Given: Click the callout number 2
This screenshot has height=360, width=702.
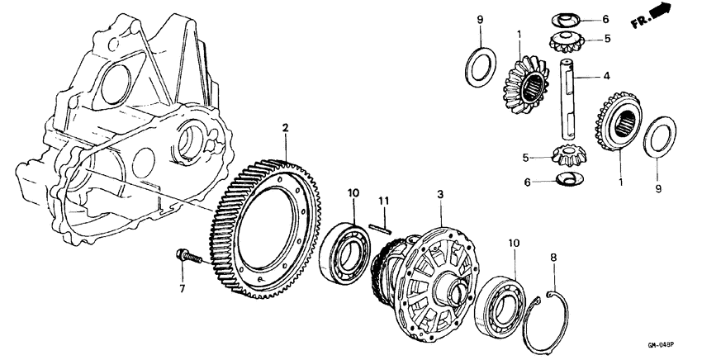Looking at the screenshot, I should click(284, 128).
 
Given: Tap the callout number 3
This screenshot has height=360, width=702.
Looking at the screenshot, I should click(440, 194).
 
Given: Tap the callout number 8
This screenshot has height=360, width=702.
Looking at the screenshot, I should click(553, 257).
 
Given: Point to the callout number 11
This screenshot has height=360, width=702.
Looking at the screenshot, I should click(382, 201).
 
